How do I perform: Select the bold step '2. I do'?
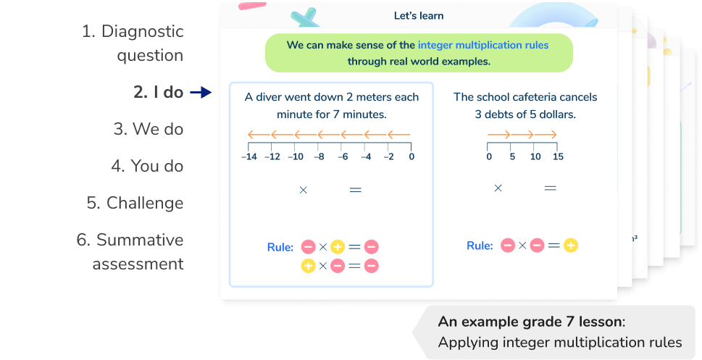(x=158, y=92)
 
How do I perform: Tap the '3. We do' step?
(x=148, y=129)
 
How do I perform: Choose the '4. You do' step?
(x=147, y=166)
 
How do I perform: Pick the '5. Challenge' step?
(x=135, y=203)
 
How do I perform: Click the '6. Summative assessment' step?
(x=130, y=251)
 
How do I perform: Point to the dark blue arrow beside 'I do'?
(x=200, y=92)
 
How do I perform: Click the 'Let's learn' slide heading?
(x=419, y=15)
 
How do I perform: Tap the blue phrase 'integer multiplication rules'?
(x=483, y=45)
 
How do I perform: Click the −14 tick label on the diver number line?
(x=249, y=156)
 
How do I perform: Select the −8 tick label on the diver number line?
(x=319, y=156)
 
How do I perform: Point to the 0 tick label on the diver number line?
(x=411, y=156)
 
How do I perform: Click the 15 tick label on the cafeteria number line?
(x=557, y=156)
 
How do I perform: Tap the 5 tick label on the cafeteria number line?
(x=512, y=156)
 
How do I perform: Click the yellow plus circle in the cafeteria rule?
(x=571, y=246)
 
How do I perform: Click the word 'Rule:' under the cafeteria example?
(x=480, y=246)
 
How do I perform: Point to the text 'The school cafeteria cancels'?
(x=525, y=96)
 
